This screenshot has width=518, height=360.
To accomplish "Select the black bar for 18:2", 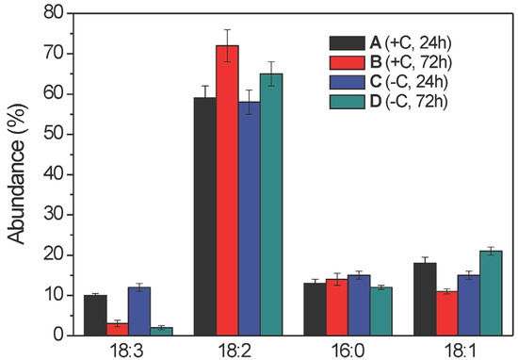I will tap(204, 216).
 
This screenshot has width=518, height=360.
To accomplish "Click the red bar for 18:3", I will tap(117, 329).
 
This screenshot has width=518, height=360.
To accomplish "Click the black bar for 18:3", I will tap(95, 315).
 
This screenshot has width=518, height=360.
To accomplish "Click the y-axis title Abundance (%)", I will tap(17, 173).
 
